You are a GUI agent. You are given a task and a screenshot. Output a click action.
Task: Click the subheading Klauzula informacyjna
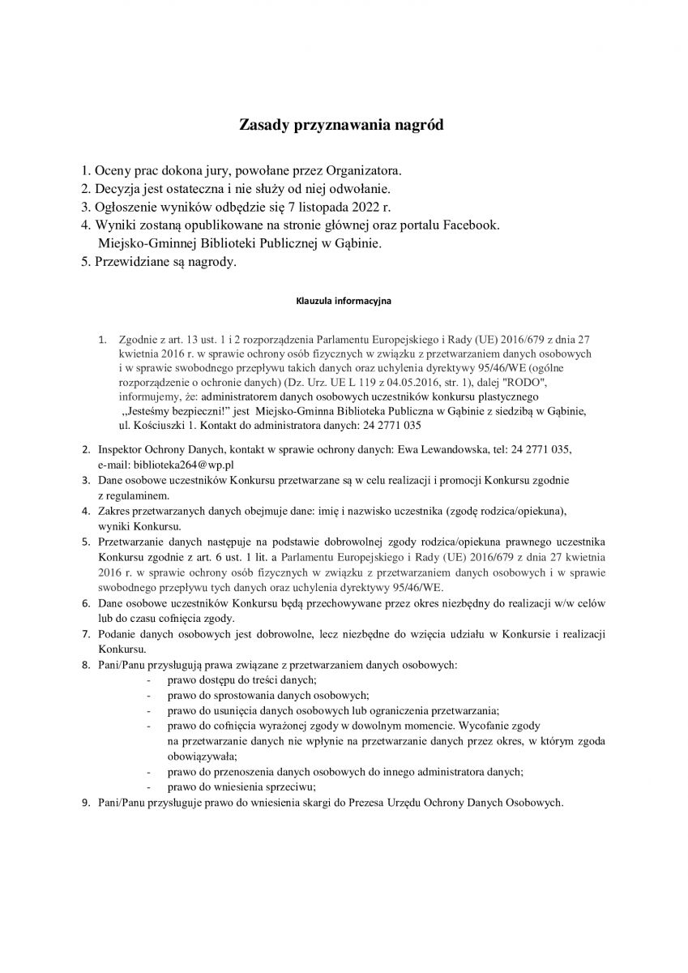(344, 301)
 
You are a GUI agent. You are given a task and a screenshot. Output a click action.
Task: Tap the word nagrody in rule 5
(208, 262)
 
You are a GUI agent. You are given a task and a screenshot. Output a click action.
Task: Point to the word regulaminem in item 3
(135, 495)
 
